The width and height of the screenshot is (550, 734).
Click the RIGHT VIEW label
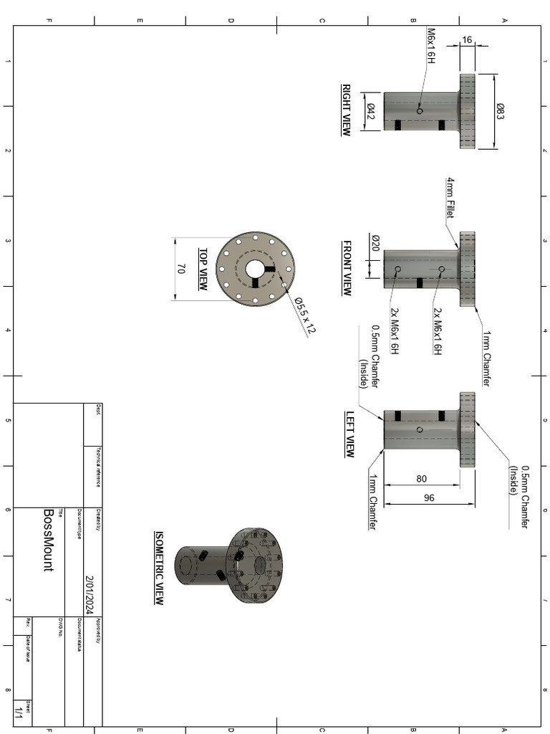346,110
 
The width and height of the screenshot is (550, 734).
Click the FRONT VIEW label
347,268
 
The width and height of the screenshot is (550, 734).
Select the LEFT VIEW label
350,434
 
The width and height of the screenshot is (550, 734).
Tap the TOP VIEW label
203,270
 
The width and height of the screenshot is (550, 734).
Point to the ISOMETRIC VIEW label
159,568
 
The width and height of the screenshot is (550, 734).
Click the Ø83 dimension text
501,111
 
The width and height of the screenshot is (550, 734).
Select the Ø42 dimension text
371,111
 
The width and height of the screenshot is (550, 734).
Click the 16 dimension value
467,40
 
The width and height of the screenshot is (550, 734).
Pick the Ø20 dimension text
375,243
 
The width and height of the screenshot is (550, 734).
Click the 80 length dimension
421,479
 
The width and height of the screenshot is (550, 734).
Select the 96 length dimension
429,497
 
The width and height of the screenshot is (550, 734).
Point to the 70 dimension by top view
180,270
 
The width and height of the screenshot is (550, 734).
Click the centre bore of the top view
255,269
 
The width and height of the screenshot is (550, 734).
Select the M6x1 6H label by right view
431,46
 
